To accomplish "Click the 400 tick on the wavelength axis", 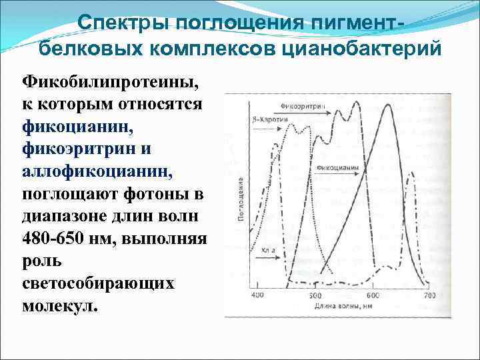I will [x=257, y=295].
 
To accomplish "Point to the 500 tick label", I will [x=315, y=295].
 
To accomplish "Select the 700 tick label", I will [x=429, y=295].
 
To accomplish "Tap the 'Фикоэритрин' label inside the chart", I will [x=299, y=106].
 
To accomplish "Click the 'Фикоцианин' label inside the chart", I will [x=339, y=167].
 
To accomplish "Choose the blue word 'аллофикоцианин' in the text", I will [x=97, y=172].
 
